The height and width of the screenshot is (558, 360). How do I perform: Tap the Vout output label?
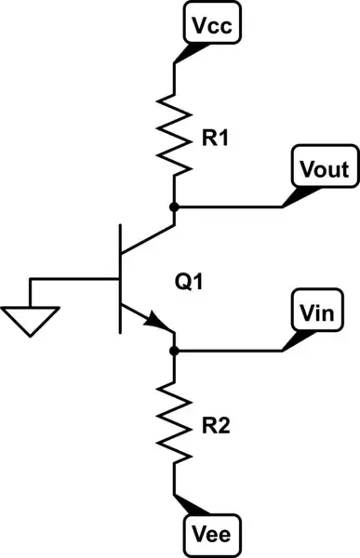[x=324, y=169]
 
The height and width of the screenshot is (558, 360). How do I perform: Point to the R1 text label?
[x=216, y=140]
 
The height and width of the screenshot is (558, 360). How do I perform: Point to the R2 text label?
[x=216, y=429]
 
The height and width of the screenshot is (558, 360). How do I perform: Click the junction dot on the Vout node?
[x=174, y=206]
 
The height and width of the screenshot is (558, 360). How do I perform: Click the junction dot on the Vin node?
[x=174, y=351]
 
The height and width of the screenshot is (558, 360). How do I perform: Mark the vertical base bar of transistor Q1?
[x=120, y=279]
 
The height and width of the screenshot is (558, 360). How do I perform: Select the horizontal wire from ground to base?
[x=74, y=279]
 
